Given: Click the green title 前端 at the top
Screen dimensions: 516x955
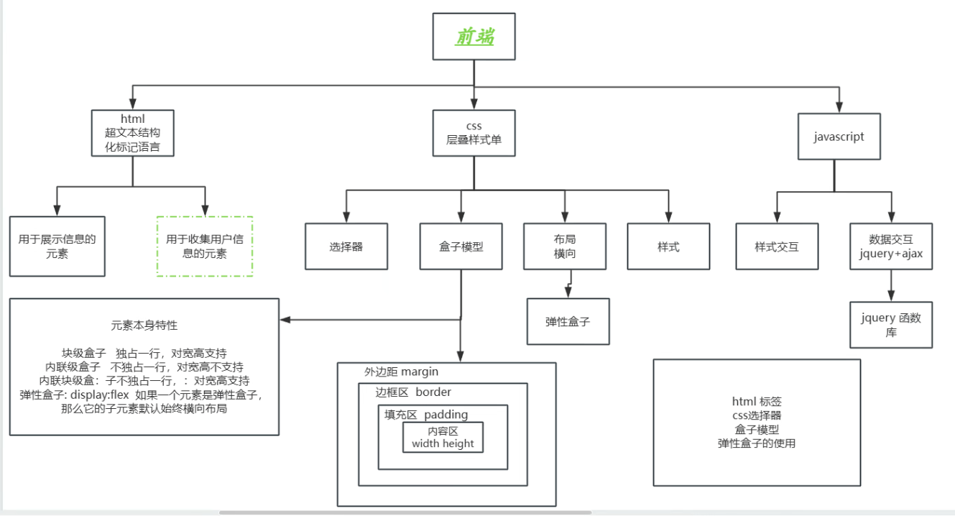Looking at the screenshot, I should click(474, 37).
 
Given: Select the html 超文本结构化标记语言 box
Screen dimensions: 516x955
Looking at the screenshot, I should click(133, 133).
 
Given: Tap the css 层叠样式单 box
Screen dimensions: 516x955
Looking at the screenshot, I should click(474, 133).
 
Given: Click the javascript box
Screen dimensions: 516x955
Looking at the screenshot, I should click(839, 136).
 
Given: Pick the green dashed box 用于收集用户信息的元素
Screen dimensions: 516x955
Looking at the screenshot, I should click(205, 247).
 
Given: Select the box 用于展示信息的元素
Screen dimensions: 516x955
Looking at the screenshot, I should click(57, 247).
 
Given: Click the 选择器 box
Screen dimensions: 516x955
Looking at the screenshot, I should click(346, 247).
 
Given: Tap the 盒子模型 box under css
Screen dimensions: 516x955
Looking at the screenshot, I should click(461, 247).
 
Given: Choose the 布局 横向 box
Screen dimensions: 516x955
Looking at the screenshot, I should click(565, 247).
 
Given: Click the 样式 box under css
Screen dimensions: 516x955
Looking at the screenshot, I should click(668, 247).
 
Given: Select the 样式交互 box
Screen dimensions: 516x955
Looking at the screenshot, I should click(776, 247).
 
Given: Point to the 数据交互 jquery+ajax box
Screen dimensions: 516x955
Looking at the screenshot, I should click(891, 247).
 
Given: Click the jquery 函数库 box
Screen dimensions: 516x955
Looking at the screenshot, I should click(891, 325).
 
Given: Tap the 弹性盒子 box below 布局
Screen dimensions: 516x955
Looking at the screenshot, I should click(568, 322).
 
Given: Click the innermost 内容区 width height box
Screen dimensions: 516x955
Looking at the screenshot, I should click(443, 437).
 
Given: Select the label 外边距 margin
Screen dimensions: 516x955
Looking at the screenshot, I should click(401, 372).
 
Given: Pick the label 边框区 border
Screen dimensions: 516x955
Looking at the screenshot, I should click(413, 392).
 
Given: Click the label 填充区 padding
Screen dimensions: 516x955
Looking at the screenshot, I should click(426, 414).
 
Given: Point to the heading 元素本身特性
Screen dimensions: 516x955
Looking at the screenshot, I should click(144, 325).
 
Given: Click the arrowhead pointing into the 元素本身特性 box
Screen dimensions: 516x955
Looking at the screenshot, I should click(285, 319).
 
